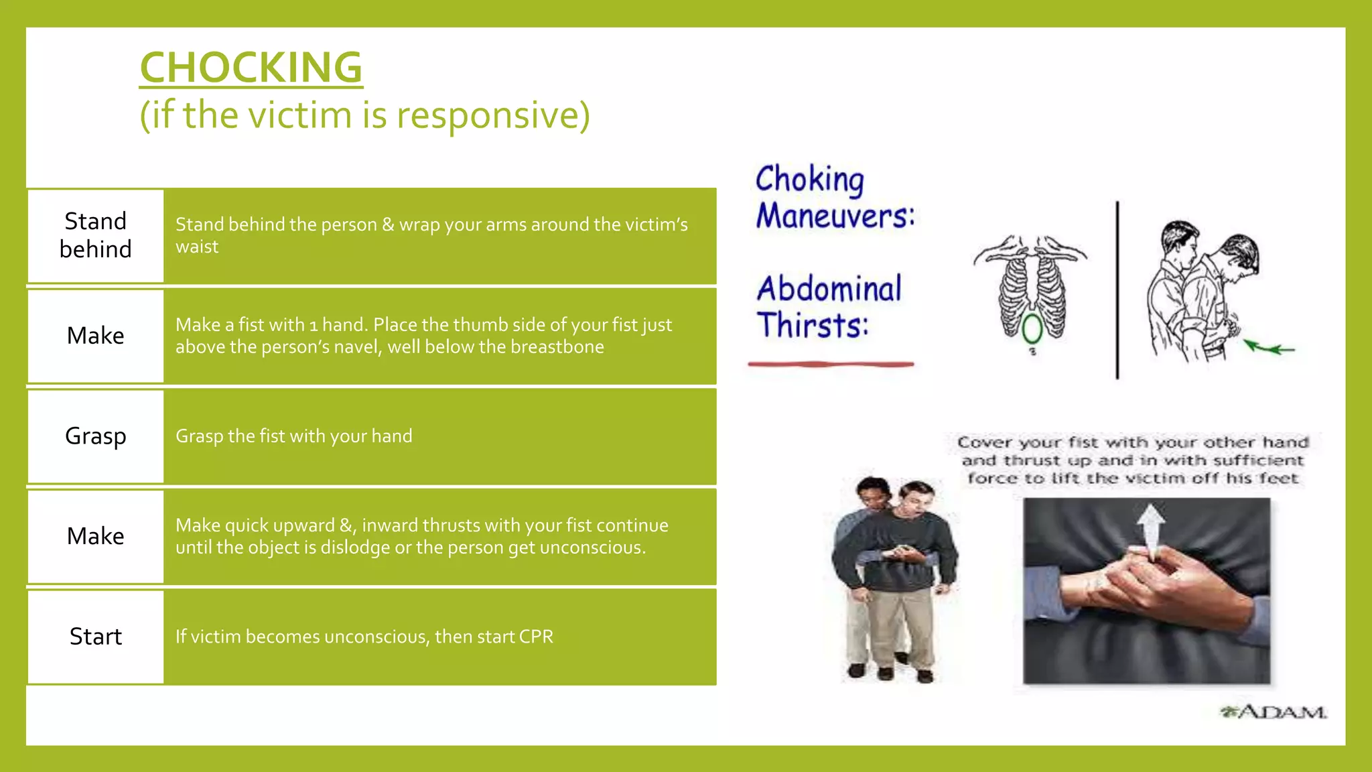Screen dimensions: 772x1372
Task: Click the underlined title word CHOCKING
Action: pos(251,68)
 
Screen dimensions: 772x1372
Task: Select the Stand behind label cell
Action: pos(95,235)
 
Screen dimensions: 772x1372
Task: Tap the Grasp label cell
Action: pos(95,436)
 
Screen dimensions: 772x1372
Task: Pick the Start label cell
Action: pos(95,637)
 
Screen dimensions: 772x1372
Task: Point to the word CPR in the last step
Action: pos(535,637)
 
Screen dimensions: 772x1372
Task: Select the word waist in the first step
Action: pos(197,247)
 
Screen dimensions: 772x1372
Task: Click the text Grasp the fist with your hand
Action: pos(293,436)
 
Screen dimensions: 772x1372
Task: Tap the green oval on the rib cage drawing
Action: pos(1032,328)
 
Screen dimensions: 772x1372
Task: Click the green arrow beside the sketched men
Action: pos(1270,348)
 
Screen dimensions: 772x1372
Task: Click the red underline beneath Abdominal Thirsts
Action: pos(831,365)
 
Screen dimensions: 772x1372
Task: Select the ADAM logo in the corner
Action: pos(1273,712)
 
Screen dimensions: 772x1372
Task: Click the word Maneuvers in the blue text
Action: pos(834,216)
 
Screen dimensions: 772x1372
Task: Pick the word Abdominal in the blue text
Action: pos(829,289)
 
